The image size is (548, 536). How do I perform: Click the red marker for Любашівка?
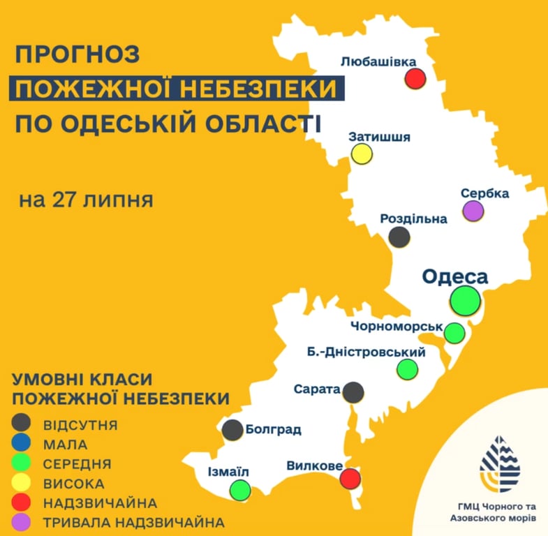click(416, 78)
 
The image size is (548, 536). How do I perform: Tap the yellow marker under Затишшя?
click(362, 154)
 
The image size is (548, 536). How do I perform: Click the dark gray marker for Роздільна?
click(399, 237)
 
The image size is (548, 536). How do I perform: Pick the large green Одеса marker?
click(465, 300)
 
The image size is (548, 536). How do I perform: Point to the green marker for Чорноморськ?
click(454, 333)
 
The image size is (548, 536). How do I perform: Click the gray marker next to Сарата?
click(354, 392)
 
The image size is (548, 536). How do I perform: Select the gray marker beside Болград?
click(233, 430)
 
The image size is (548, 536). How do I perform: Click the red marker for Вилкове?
click(350, 479)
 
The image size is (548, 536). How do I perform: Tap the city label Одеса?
click(454, 276)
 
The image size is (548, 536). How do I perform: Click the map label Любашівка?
click(384, 61)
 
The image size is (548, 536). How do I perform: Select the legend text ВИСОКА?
click(73, 483)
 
